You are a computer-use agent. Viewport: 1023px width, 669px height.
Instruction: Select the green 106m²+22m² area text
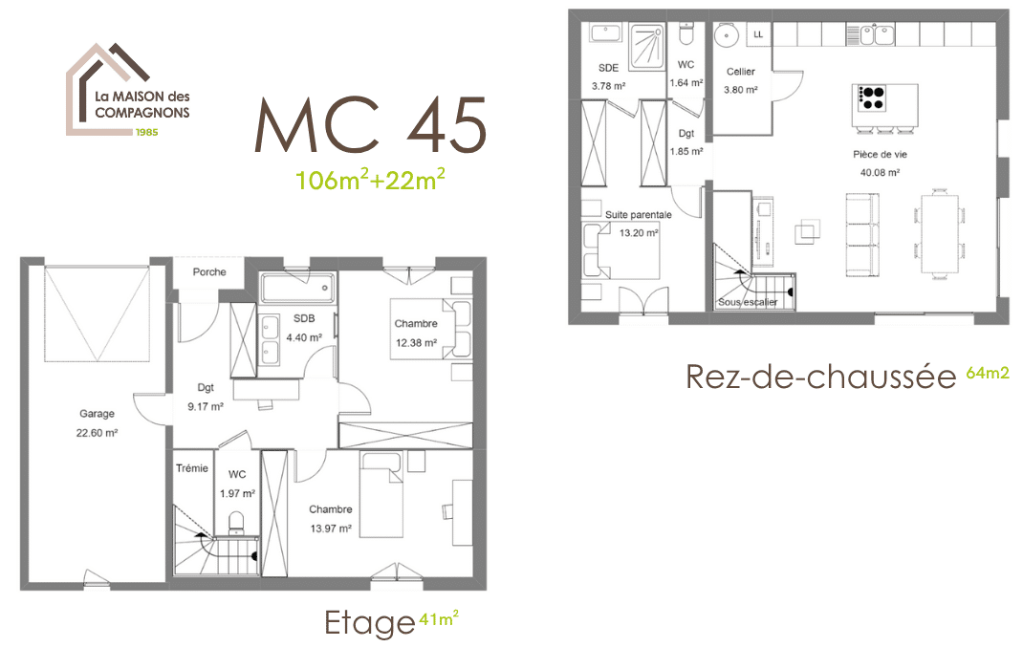[370, 179]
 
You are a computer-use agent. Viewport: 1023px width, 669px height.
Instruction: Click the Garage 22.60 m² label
[97, 423]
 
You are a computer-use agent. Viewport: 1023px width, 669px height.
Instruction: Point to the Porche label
[209, 272]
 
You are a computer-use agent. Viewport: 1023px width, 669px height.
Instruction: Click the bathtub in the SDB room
[296, 285]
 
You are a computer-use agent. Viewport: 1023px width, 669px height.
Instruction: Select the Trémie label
[192, 468]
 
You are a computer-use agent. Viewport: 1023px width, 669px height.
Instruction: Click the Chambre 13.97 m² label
[330, 518]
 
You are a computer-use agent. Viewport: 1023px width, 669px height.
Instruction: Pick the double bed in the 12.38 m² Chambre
[421, 329]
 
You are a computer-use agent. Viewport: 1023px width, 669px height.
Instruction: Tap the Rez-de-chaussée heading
[820, 377]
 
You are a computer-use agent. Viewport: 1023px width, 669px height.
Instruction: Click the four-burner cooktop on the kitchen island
[872, 97]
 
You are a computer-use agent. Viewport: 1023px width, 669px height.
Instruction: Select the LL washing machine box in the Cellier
[758, 34]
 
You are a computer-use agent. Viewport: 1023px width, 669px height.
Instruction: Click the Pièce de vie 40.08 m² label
[880, 162]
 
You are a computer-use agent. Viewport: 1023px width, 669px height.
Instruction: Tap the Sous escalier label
[747, 303]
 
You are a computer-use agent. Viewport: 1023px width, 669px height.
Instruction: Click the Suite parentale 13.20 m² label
[638, 223]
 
